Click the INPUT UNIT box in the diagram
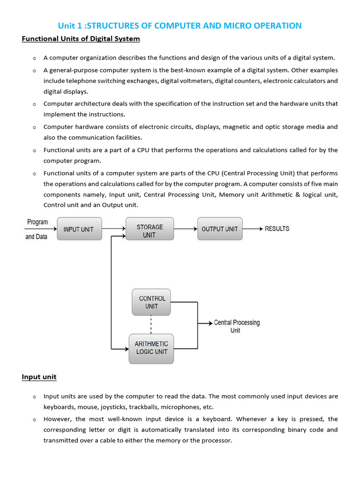click(x=79, y=229)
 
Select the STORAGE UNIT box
click(x=150, y=231)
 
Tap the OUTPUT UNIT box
click(x=219, y=229)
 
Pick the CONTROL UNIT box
click(x=151, y=302)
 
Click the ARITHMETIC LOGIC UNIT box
click(x=151, y=348)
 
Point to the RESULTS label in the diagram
click(x=277, y=229)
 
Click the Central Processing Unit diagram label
click(x=236, y=326)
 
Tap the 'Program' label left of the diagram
click(x=37, y=222)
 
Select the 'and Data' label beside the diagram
click(x=36, y=237)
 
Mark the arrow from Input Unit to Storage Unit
click(x=114, y=229)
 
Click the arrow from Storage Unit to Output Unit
click(x=186, y=229)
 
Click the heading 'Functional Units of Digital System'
click(x=81, y=38)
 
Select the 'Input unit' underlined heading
click(x=39, y=377)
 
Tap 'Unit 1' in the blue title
click(x=69, y=25)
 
